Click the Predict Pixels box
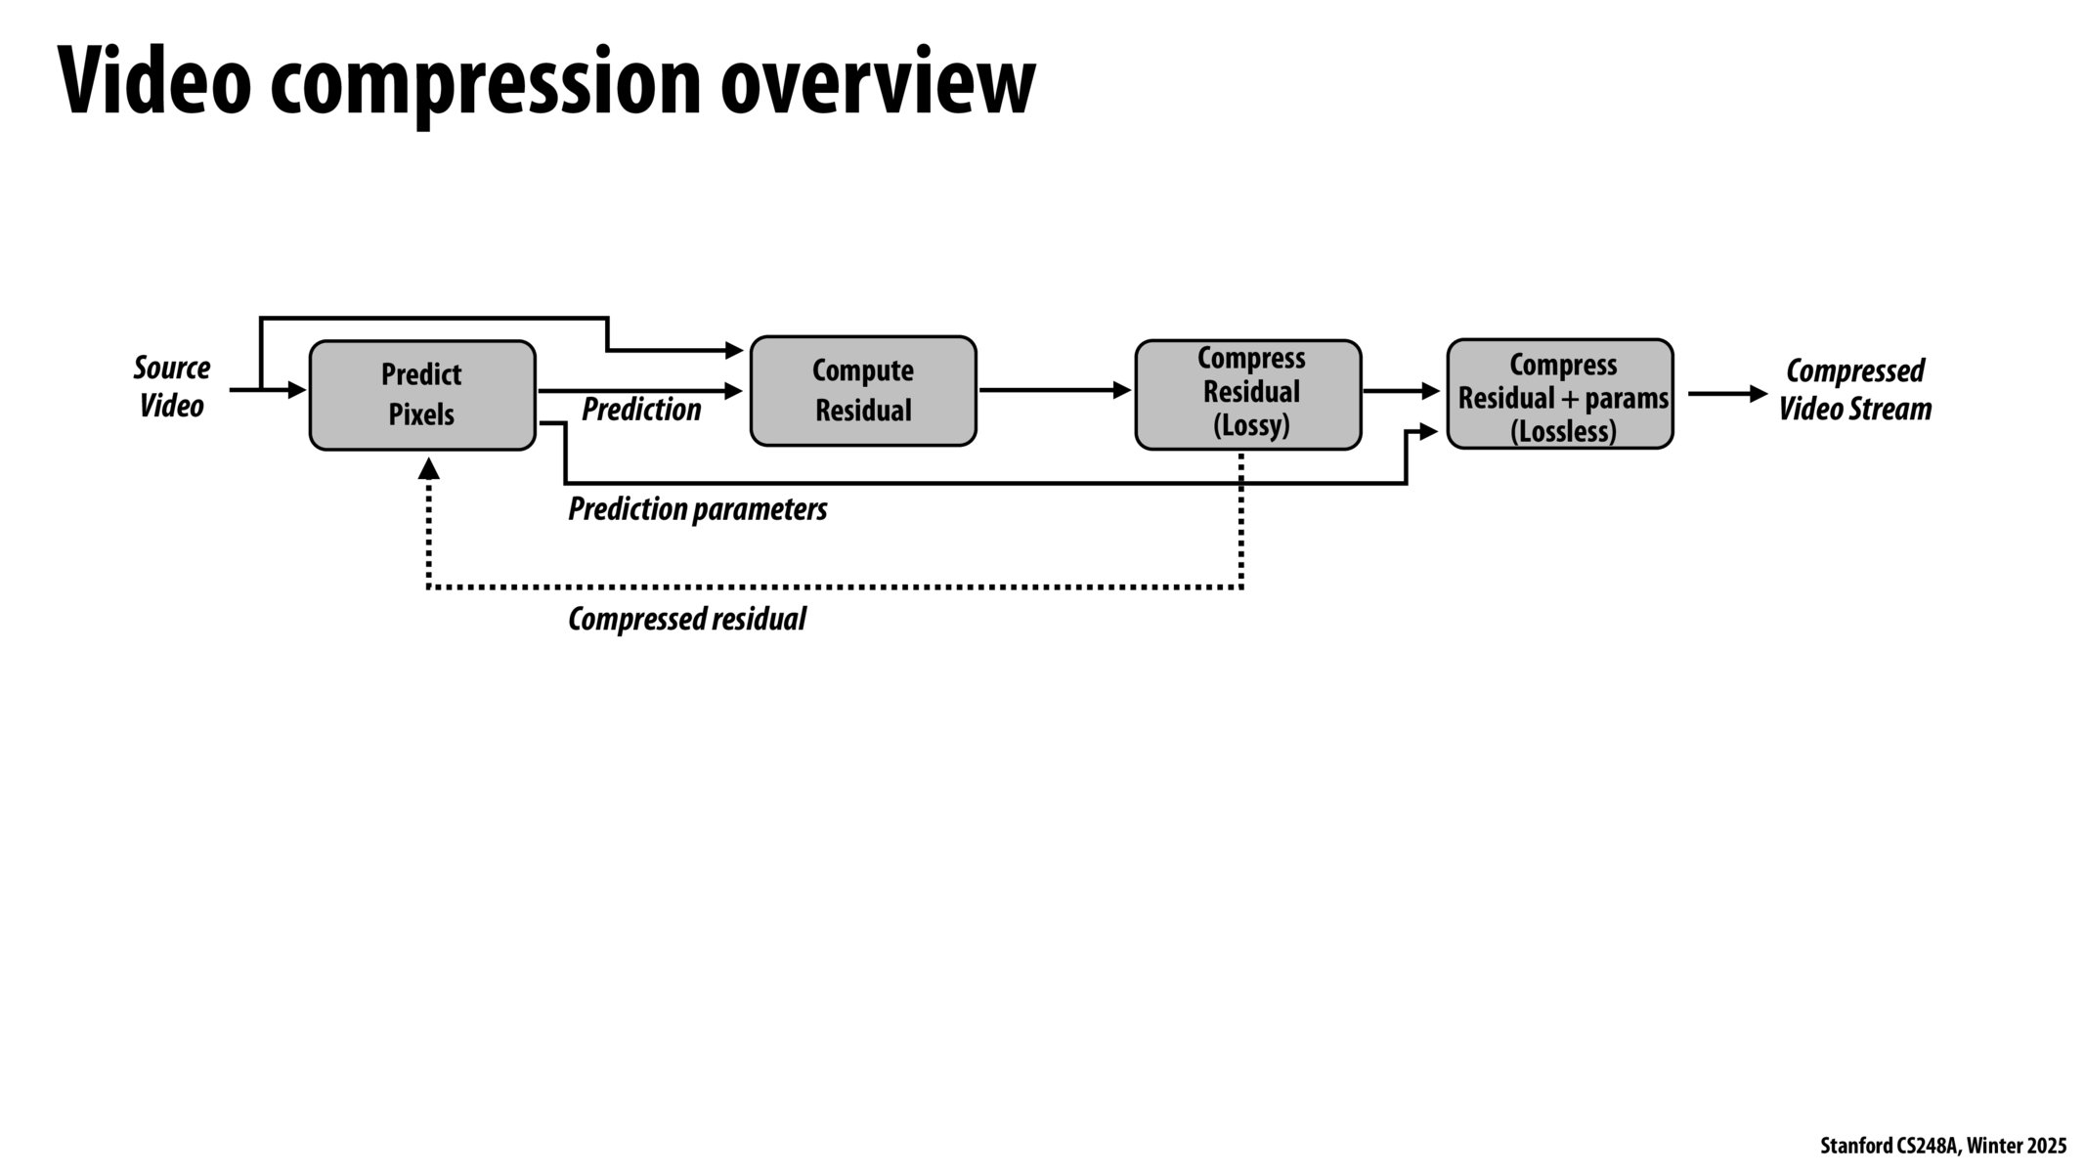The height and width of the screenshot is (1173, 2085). click(422, 395)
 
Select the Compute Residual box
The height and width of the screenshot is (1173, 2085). click(862, 391)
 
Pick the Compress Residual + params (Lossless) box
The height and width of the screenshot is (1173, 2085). click(1560, 395)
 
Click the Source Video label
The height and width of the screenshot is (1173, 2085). click(171, 387)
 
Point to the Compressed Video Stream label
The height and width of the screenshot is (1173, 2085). click(1853, 390)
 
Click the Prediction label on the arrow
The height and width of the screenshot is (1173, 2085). click(641, 410)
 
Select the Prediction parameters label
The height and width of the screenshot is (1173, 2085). click(697, 509)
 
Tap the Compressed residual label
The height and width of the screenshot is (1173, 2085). click(686, 620)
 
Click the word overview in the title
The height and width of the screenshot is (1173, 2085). click(877, 82)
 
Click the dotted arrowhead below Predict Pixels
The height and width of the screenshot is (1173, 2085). click(428, 469)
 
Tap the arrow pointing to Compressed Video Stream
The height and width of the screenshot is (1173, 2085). click(1727, 394)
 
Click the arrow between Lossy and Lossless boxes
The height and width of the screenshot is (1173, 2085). click(1400, 391)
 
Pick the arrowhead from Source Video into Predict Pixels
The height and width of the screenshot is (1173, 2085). click(297, 390)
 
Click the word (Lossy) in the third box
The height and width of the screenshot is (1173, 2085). click(1251, 426)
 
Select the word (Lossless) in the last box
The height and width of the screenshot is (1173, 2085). click(1562, 432)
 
